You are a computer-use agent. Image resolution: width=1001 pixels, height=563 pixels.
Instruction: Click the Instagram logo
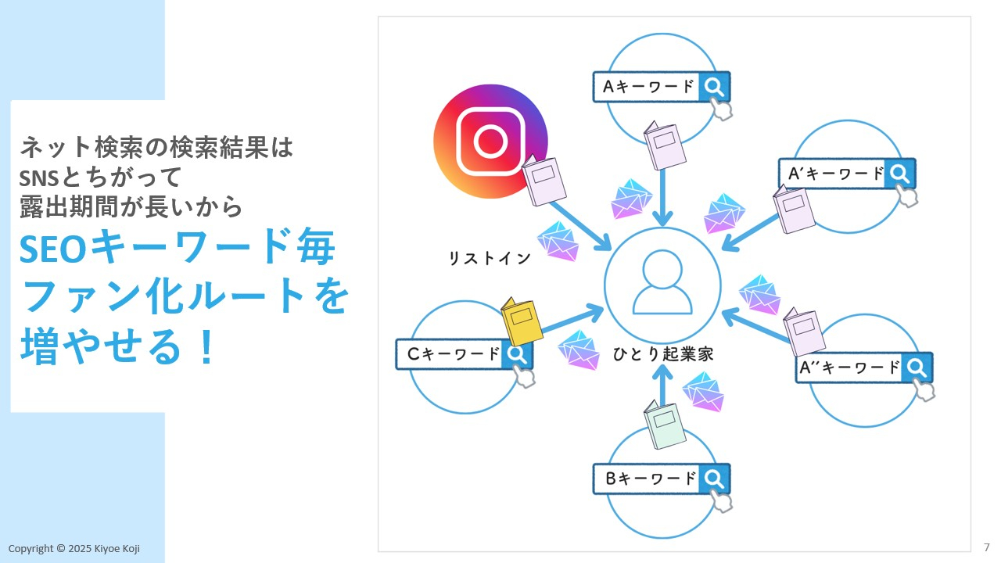pos(490,141)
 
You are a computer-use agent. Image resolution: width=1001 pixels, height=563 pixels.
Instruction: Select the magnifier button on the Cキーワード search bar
pos(516,354)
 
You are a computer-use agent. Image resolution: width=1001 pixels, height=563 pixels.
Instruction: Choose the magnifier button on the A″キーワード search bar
pos(917,367)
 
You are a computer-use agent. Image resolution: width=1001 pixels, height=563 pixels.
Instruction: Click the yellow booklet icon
pos(522,321)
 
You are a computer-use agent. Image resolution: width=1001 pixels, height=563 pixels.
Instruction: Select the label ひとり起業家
pos(662,354)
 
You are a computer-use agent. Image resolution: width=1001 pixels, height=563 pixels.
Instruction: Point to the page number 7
pos(987,547)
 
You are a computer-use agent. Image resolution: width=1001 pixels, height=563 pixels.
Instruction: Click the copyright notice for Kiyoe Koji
pos(74,549)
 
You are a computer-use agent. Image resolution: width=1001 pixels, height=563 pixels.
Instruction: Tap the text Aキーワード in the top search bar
pos(648,87)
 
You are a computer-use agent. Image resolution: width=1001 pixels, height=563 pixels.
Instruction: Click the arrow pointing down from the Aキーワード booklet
pos(664,195)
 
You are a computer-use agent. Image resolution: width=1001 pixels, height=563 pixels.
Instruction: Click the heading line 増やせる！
pos(117,346)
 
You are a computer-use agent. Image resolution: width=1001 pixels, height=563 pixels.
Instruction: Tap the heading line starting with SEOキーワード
pos(178,249)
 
